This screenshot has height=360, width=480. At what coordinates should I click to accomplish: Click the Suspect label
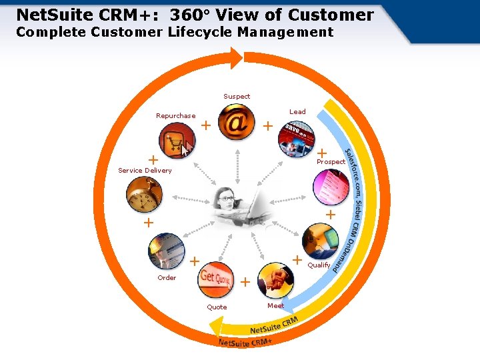click(x=237, y=97)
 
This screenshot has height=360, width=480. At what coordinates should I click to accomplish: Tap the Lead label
click(x=297, y=112)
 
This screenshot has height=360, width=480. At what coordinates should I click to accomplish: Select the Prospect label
click(x=331, y=162)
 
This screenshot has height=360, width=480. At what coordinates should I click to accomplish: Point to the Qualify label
click(x=319, y=265)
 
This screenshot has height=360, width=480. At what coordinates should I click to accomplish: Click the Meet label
click(x=275, y=305)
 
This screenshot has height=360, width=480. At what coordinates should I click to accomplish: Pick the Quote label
click(x=217, y=307)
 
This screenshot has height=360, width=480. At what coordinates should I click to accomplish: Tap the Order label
click(x=167, y=278)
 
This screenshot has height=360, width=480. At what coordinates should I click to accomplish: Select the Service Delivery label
click(x=145, y=171)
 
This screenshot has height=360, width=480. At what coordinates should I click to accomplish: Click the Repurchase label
click(x=176, y=116)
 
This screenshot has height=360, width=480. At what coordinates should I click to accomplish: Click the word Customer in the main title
click(x=331, y=14)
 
